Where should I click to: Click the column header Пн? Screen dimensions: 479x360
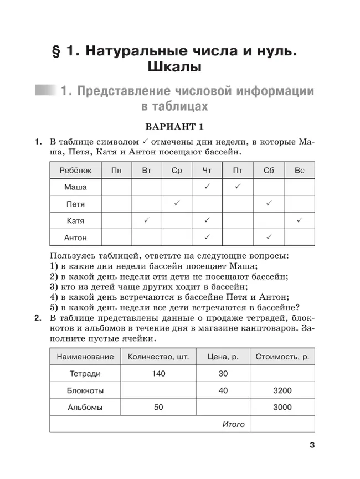(x=116, y=171)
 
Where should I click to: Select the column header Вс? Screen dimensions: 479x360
(x=299, y=171)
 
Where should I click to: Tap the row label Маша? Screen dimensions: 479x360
(x=75, y=187)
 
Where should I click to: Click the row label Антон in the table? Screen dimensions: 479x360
(x=75, y=238)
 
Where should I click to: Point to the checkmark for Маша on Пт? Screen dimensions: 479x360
(x=238, y=187)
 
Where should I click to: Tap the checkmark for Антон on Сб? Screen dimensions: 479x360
(x=269, y=238)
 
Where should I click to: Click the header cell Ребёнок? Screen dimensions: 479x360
(x=75, y=171)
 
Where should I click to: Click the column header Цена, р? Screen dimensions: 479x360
(x=223, y=357)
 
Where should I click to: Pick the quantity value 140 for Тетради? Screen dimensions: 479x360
(x=158, y=374)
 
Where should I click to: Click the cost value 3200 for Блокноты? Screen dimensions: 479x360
(x=282, y=391)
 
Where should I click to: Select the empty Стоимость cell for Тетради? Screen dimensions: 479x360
(x=282, y=374)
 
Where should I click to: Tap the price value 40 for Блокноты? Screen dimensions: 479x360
(x=223, y=391)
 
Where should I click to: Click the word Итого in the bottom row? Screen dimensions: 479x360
(x=233, y=424)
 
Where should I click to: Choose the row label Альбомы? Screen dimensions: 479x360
(x=85, y=408)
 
